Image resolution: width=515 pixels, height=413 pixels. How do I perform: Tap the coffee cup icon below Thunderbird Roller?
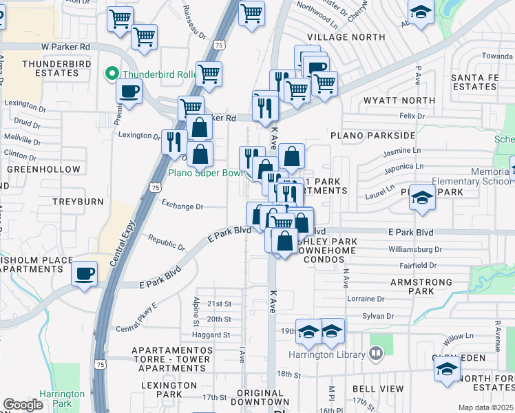[129, 91]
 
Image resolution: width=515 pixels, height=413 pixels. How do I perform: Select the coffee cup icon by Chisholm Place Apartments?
[85, 273]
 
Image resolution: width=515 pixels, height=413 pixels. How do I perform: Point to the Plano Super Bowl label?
[205, 173]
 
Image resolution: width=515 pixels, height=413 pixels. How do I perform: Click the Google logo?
[23, 405]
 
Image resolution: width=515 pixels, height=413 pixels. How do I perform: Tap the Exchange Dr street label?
[182, 206]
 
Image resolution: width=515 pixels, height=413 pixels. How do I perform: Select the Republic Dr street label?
[167, 242]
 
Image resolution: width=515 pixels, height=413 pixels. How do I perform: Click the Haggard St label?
[211, 335]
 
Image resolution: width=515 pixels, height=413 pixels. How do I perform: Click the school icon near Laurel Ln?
[421, 198]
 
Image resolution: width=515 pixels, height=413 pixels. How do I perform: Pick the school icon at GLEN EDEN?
[447, 369]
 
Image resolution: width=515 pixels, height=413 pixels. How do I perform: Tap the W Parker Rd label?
[65, 47]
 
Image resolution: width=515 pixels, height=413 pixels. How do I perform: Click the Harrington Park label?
[61, 399]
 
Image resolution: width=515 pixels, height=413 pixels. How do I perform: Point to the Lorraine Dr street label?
[366, 299]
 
